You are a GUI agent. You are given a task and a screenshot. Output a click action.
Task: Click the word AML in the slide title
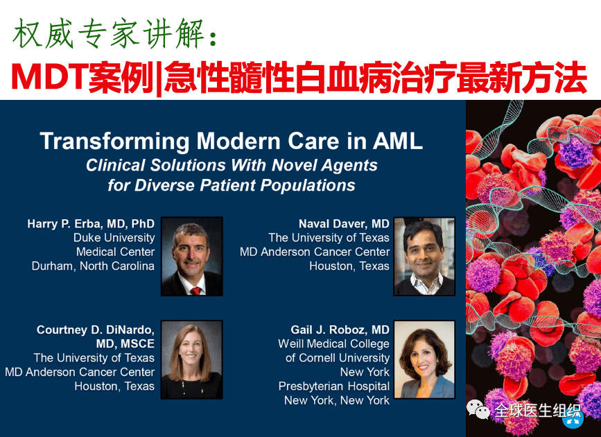pos(397,142)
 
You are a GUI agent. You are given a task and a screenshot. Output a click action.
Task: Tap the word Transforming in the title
pos(115,142)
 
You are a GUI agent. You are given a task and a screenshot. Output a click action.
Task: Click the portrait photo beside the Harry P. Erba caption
pos(191,256)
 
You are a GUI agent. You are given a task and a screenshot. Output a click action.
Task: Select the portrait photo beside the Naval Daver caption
pos(424,256)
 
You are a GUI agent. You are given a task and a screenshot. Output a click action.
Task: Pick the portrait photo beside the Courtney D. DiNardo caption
pos(191,359)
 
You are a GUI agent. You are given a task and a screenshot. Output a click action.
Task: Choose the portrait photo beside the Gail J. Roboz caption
pos(424,359)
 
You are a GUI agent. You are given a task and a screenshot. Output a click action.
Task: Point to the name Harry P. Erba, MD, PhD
pos(91,224)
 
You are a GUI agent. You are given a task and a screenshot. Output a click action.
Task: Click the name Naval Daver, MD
pos(344,223)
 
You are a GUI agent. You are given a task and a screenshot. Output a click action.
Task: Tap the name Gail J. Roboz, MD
pos(340,329)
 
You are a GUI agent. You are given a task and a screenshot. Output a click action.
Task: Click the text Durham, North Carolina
pos(93,266)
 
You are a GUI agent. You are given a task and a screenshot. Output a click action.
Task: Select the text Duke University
pos(114,238)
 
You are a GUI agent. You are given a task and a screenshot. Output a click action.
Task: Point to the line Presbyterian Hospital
pos(334,386)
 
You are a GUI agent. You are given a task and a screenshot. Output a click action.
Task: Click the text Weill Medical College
pos(334,344)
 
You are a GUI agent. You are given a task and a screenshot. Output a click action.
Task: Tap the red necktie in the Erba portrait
pos(195,291)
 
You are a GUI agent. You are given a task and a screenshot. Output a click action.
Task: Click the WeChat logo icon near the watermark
pos(478,409)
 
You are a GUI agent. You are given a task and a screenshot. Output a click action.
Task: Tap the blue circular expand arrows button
pos(573,419)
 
